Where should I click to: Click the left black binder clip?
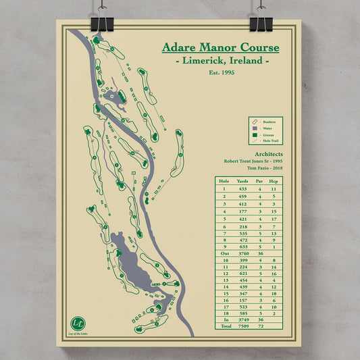click(104, 20)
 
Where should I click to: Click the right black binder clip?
click(261, 20)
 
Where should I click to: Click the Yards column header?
click(243, 182)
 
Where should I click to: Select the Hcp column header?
click(274, 182)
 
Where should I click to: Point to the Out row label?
click(224, 253)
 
